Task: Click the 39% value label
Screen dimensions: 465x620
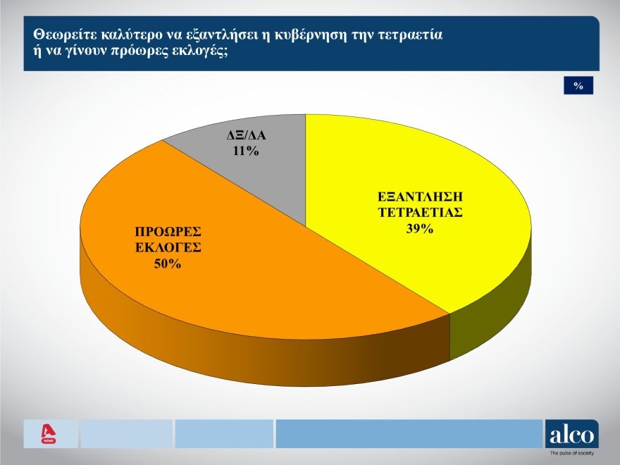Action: pos(418,230)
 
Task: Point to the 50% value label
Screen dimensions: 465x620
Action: pos(168,264)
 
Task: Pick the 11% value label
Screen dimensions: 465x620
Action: pos(246,151)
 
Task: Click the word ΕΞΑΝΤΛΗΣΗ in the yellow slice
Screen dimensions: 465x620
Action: pos(418,196)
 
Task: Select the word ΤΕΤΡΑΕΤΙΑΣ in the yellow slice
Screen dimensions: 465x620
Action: pos(418,213)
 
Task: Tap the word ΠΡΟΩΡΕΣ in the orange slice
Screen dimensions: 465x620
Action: pos(168,232)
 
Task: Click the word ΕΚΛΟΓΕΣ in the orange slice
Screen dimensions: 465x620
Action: pos(168,248)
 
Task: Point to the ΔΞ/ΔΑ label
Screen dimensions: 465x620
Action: pos(246,135)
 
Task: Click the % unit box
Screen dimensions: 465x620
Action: pos(578,85)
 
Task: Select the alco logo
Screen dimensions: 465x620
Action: pos(571,433)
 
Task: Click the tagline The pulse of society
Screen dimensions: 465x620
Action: pos(571,454)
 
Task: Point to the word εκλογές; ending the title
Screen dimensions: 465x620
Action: pos(205,53)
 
